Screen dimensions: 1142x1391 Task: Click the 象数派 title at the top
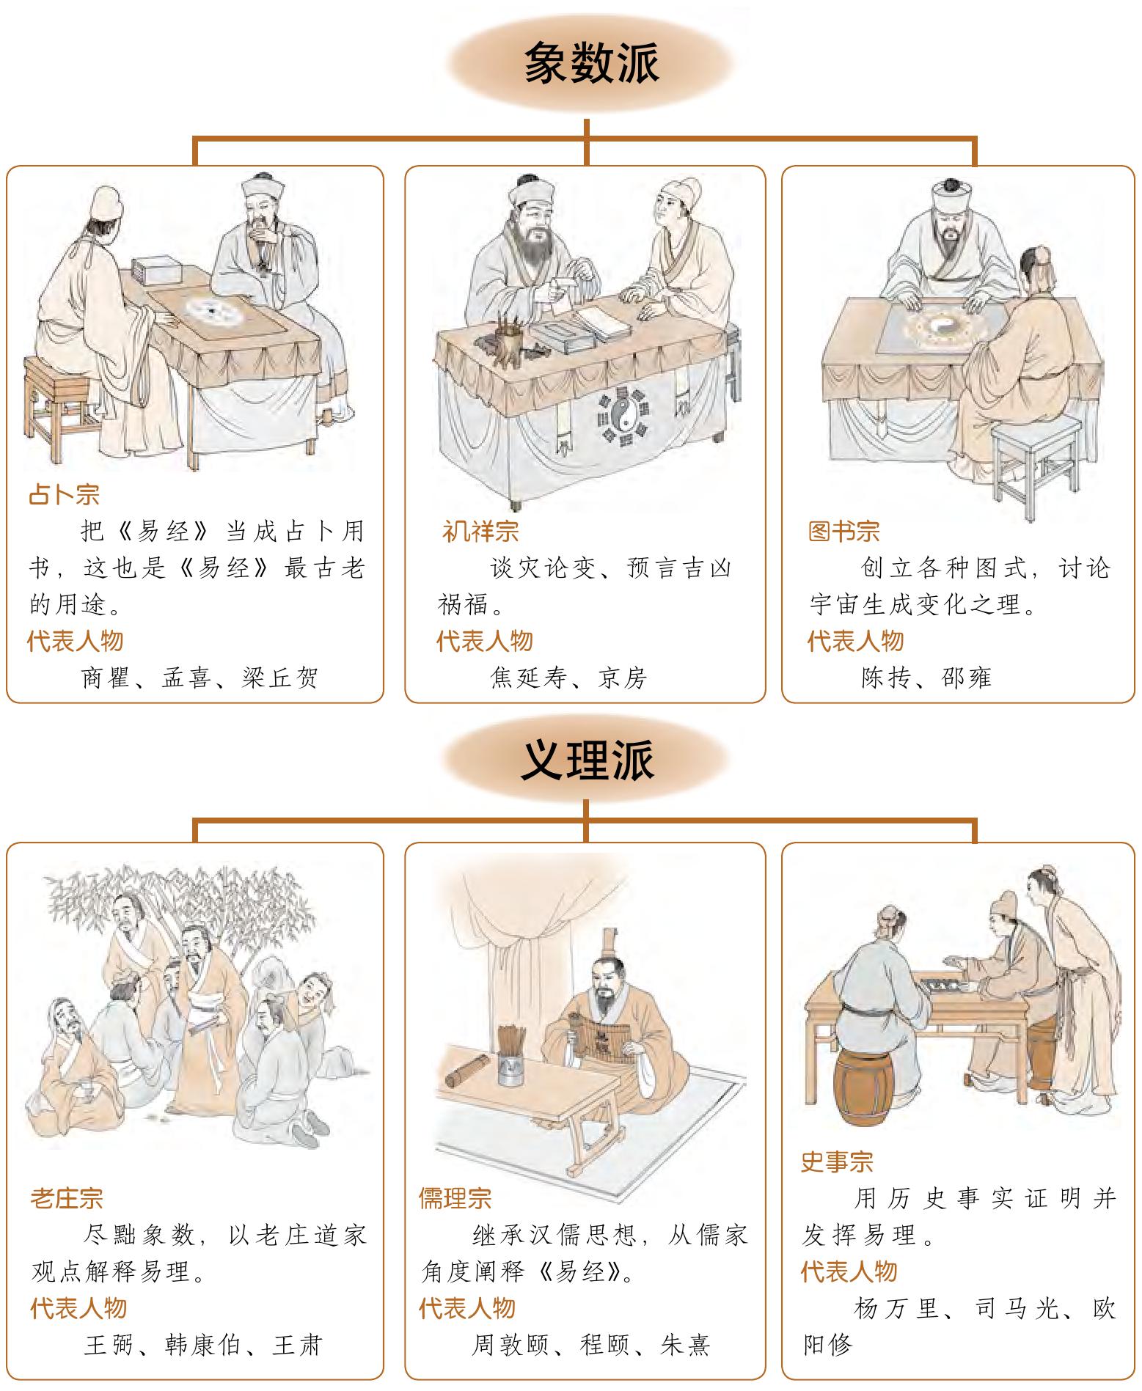pyautogui.click(x=591, y=63)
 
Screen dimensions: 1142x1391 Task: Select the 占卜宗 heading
pyautogui.click(x=64, y=494)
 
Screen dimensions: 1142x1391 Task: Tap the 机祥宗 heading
pyautogui.click(x=480, y=531)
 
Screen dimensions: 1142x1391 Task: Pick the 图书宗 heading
pyautogui.click(x=843, y=531)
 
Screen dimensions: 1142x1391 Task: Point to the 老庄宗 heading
pyautogui.click(x=67, y=1199)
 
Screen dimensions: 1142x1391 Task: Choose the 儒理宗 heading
pyautogui.click(x=455, y=1199)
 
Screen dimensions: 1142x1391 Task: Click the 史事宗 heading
pyautogui.click(x=837, y=1162)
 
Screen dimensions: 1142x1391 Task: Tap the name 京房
pyautogui.click(x=623, y=678)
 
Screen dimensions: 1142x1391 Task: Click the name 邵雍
pyautogui.click(x=967, y=678)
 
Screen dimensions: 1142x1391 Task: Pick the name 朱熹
pyautogui.click(x=684, y=1346)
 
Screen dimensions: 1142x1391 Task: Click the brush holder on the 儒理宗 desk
pyautogui.click(x=510, y=1056)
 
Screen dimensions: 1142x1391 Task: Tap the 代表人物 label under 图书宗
pyautogui.click(x=855, y=641)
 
